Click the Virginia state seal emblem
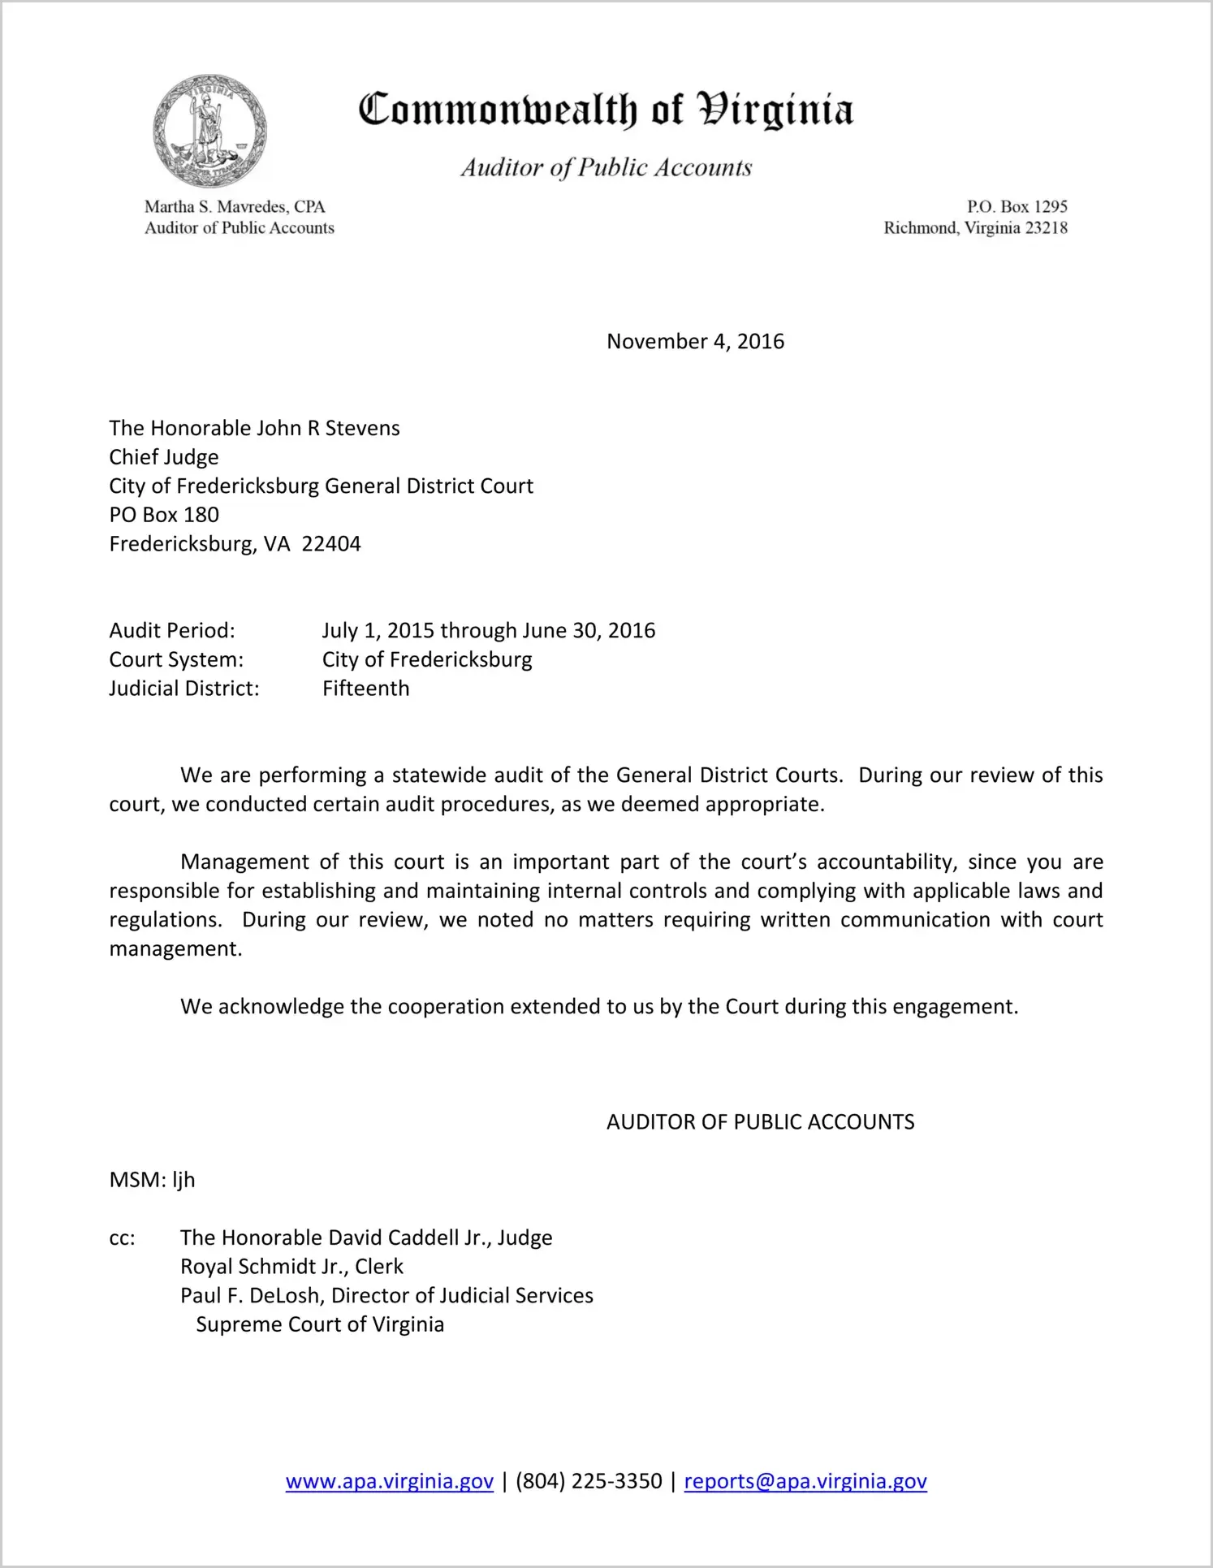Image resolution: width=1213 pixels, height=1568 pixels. (x=209, y=131)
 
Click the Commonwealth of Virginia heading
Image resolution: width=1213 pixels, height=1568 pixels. (x=606, y=110)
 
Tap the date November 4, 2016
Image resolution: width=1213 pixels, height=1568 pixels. (x=695, y=341)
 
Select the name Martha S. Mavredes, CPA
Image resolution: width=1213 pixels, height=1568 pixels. (x=235, y=207)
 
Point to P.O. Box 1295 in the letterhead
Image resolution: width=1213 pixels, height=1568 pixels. (x=1017, y=207)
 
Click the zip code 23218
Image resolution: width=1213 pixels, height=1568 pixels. (x=1047, y=228)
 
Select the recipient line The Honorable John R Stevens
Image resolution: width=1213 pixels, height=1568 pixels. (x=254, y=428)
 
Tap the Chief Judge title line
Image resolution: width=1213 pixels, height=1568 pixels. (x=164, y=457)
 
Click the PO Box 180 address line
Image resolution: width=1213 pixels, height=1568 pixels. (x=164, y=515)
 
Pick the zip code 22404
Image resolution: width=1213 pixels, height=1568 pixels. (x=331, y=544)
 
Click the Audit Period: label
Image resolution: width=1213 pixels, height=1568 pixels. (x=172, y=631)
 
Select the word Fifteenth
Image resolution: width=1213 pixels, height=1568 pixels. (x=365, y=689)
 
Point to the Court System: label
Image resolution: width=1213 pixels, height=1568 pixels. (x=176, y=659)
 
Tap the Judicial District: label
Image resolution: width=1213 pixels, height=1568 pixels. (x=184, y=689)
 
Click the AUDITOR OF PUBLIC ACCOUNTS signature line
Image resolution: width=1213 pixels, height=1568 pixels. (x=760, y=1122)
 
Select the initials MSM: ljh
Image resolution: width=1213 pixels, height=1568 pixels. (x=152, y=1180)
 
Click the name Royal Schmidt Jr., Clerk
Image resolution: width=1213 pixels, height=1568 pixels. (x=291, y=1267)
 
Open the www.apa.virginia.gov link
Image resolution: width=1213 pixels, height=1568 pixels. (x=390, y=1481)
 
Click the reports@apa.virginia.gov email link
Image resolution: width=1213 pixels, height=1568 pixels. (x=805, y=1481)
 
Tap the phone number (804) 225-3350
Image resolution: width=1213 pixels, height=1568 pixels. (x=589, y=1481)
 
